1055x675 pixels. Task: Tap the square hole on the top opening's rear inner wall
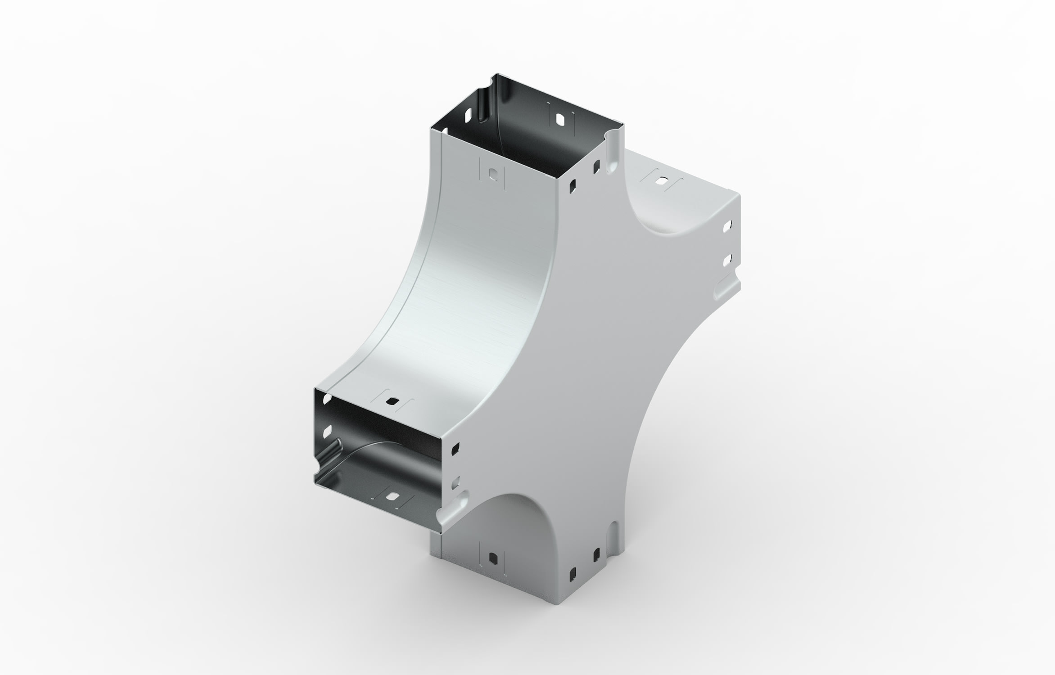pyautogui.click(x=560, y=119)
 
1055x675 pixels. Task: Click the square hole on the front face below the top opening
pyautogui.click(x=493, y=174)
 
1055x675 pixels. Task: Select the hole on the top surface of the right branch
pyautogui.click(x=661, y=182)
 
